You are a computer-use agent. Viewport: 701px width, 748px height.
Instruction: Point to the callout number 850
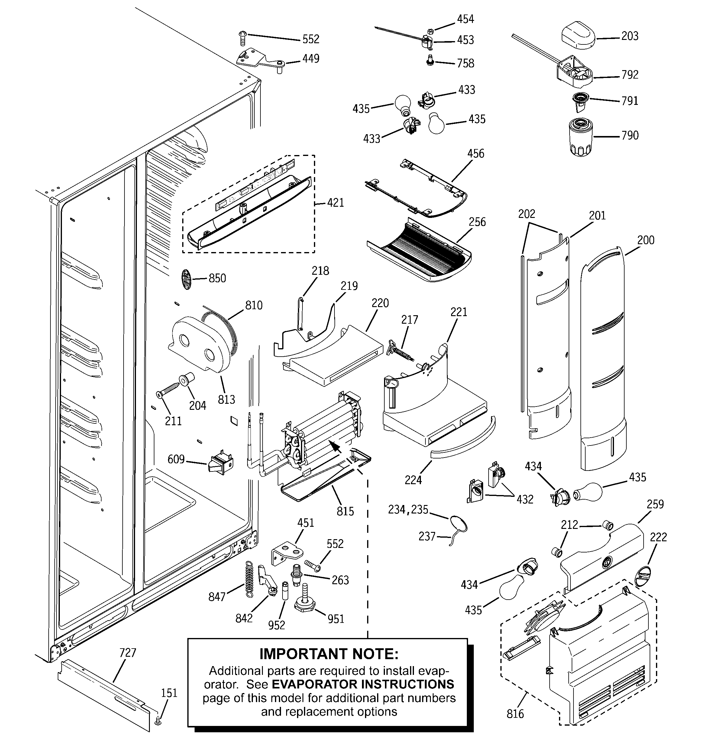coord(217,278)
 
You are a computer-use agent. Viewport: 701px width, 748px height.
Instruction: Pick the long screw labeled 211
coord(168,390)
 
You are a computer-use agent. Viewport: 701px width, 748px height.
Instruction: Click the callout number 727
coord(128,653)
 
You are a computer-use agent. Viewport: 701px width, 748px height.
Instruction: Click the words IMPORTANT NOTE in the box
coord(328,654)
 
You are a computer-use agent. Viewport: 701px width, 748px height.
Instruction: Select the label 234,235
coord(408,510)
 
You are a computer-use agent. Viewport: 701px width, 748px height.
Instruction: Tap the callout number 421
coord(335,203)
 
